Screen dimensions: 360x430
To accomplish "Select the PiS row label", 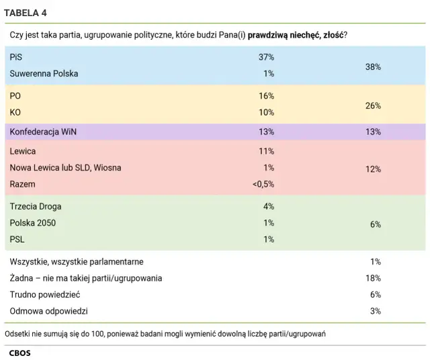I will tap(15, 57).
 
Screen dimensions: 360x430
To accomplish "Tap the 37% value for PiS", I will tap(266, 57).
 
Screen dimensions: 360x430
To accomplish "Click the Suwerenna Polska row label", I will tap(44, 73).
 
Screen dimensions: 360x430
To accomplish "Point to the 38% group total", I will tap(373, 66).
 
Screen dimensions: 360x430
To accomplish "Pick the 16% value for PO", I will tap(266, 96).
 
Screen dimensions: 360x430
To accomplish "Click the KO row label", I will tap(15, 112).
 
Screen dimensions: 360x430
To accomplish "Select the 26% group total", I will tap(373, 105).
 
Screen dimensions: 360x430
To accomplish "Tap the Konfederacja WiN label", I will tap(43, 132).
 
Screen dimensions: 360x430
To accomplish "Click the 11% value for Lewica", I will tap(266, 151).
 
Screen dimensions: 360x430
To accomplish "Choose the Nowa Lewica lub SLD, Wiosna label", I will tap(65, 167).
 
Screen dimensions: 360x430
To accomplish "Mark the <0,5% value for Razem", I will tap(263, 183).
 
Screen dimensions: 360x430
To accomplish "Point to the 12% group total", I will tap(373, 170).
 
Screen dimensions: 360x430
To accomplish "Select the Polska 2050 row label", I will tap(33, 222).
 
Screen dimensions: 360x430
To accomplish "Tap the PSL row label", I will tap(17, 239).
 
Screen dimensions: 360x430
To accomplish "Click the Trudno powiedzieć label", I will tap(44, 294).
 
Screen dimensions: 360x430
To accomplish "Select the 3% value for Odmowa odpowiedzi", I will tap(376, 311).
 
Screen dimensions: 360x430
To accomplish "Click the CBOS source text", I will tap(19, 352).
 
